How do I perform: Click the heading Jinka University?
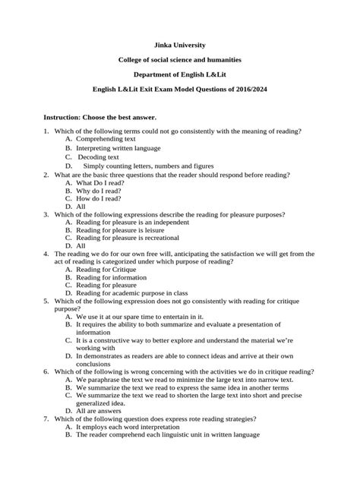tap(180, 46)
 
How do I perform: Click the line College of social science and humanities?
tap(180, 60)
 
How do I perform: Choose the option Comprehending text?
tap(106, 140)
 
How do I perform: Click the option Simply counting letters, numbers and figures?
tap(148, 166)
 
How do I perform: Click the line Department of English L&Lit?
tap(180, 74)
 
